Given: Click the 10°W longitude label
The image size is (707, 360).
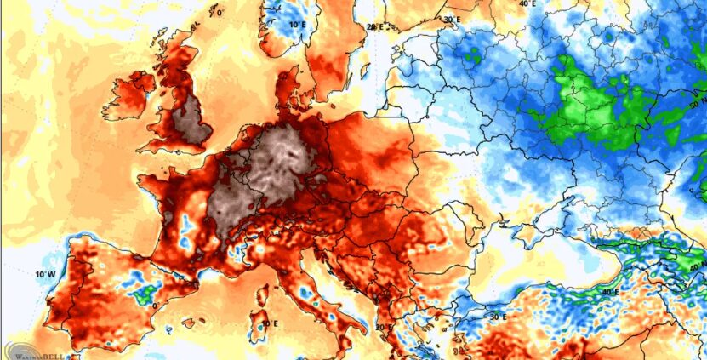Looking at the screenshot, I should click(x=45, y=274).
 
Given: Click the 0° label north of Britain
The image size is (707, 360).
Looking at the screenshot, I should click(x=220, y=13).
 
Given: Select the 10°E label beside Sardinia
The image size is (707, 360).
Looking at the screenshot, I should click(x=270, y=323).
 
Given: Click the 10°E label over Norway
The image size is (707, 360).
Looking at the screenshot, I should click(x=297, y=25).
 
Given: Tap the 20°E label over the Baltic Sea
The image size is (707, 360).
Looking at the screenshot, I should click(x=375, y=26).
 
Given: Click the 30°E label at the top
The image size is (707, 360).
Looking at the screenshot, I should click(x=452, y=19).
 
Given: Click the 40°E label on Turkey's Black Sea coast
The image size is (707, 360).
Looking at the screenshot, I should click(x=609, y=292).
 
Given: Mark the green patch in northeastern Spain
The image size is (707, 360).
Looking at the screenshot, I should click(x=142, y=294).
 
